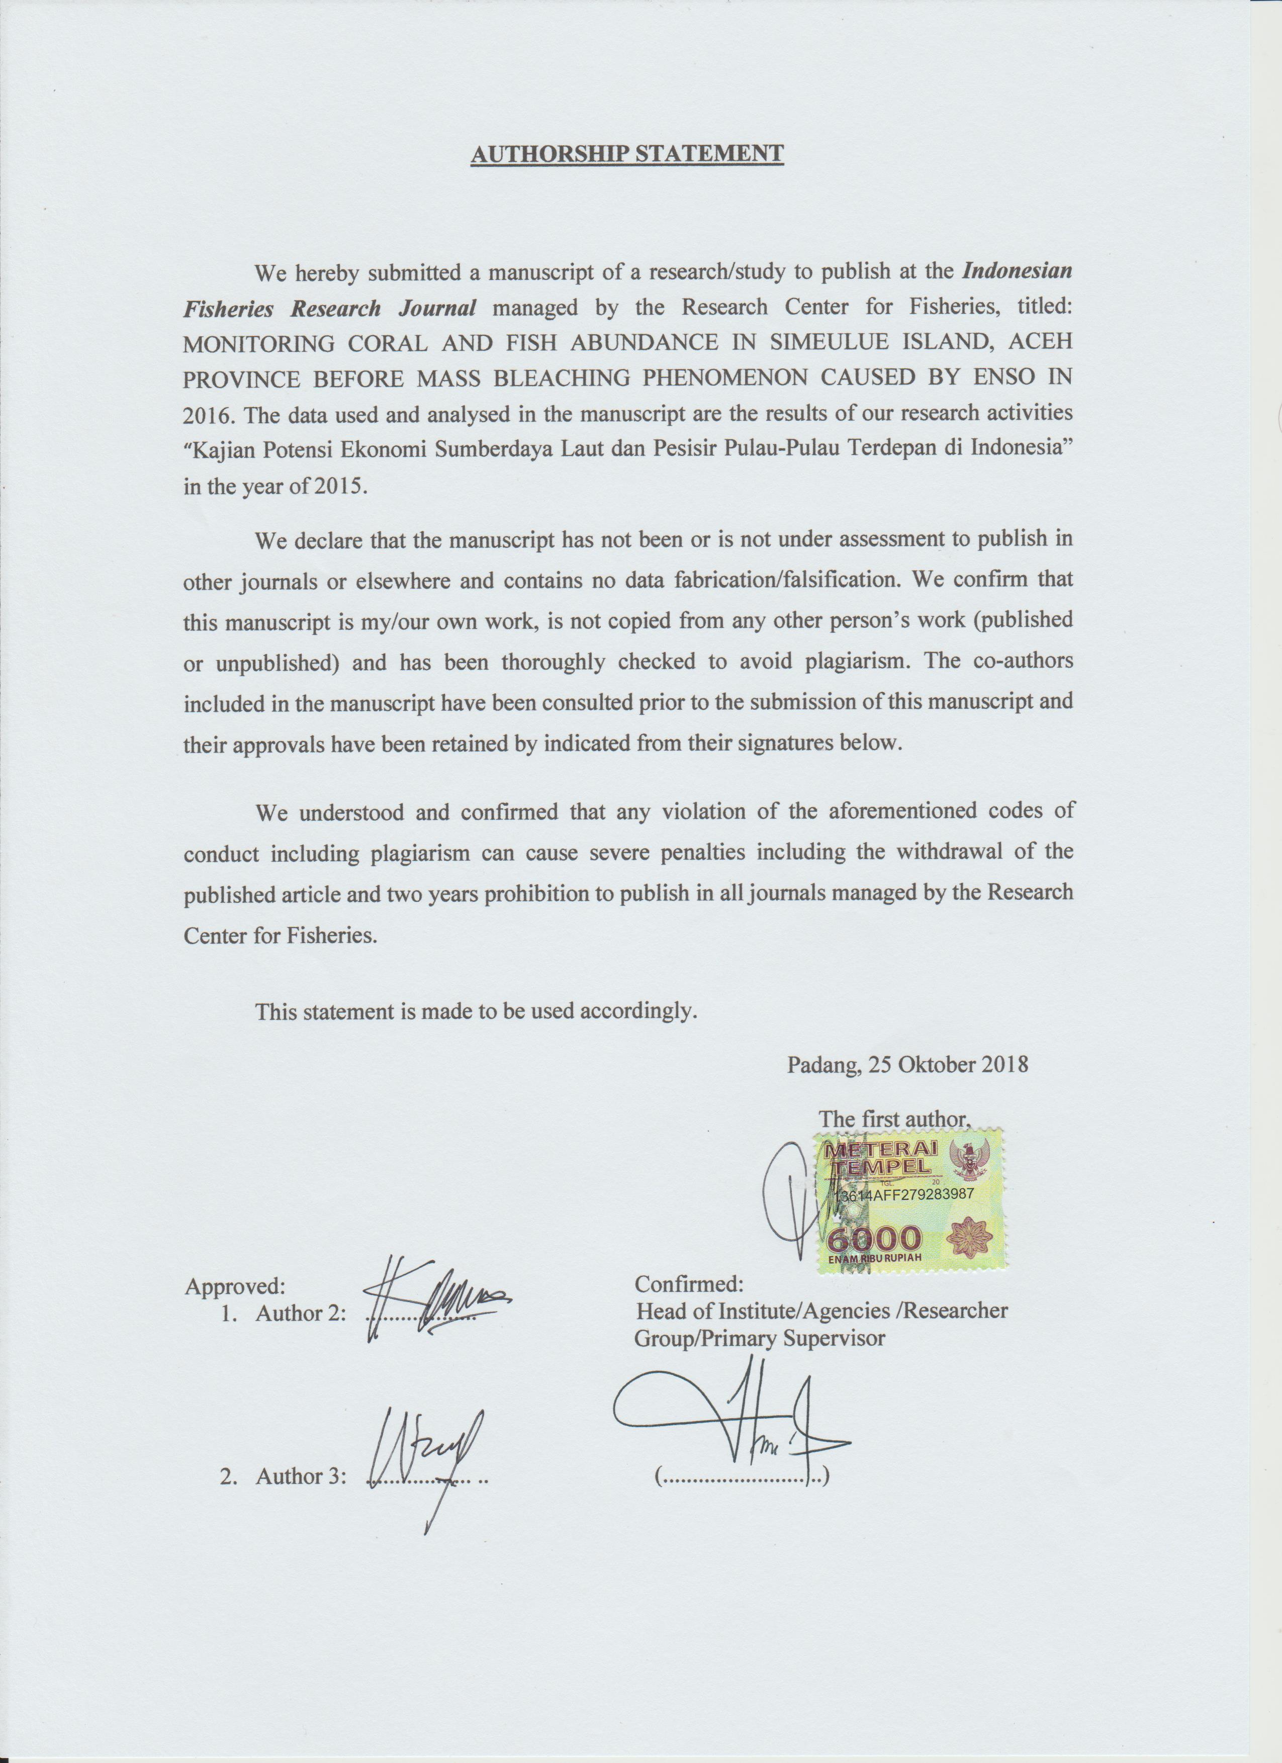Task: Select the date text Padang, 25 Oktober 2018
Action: pos(907,1064)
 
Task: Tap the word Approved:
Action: pos(235,1286)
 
